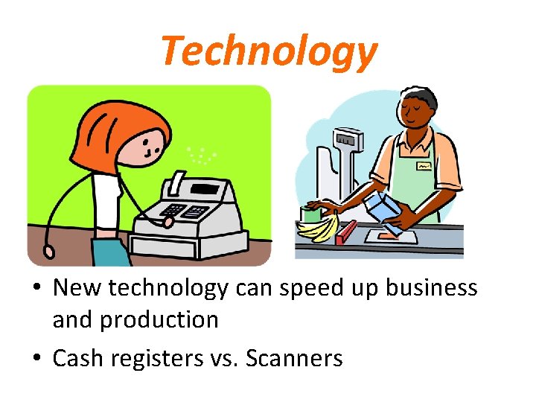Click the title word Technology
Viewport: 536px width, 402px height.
pos(269,52)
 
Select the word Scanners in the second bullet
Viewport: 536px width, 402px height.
pos(293,358)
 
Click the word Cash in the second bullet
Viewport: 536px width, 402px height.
pos(79,358)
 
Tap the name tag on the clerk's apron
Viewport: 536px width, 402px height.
pos(423,166)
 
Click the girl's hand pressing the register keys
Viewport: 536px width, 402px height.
pos(168,221)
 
